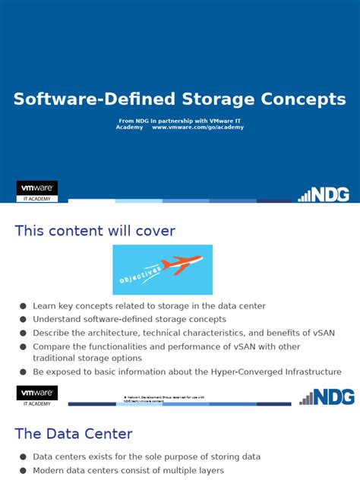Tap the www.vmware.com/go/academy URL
pyautogui.click(x=197, y=128)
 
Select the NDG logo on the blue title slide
pyautogui.click(x=324, y=194)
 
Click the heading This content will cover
pyautogui.click(x=95, y=231)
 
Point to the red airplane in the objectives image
pyautogui.click(x=182, y=265)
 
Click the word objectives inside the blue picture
pyautogui.click(x=141, y=275)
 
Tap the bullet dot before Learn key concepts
pyautogui.click(x=24, y=306)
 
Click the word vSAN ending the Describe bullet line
pyautogui.click(x=323, y=333)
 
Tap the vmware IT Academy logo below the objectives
pyautogui.click(x=37, y=395)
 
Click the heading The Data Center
pyautogui.click(x=74, y=434)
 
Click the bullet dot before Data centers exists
pyautogui.click(x=24, y=457)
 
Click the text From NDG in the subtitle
pyautogui.click(x=136, y=121)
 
